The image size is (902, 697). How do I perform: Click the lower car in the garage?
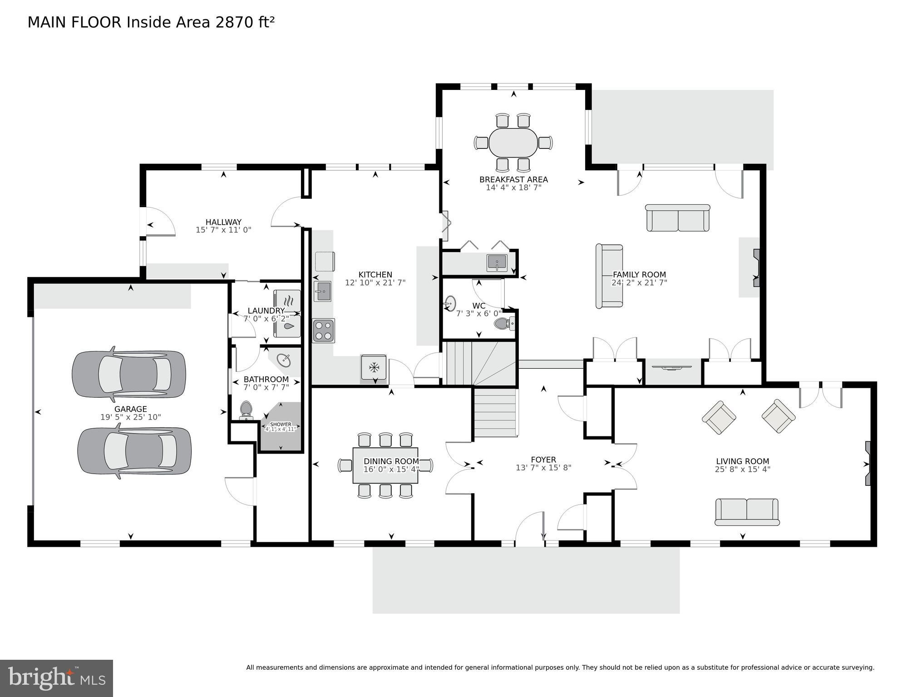[134, 451]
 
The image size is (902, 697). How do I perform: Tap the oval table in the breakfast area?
[513, 143]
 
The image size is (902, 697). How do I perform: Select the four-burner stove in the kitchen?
[323, 331]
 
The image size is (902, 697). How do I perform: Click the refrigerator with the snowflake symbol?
[374, 367]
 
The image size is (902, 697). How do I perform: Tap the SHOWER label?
[281, 424]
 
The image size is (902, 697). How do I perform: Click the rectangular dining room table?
[385, 465]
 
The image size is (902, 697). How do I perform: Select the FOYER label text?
[543, 460]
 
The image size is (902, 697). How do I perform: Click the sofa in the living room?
[747, 511]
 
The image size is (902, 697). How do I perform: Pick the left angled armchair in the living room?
[719, 417]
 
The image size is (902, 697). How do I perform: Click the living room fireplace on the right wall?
[867, 464]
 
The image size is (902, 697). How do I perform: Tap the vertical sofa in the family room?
[609, 276]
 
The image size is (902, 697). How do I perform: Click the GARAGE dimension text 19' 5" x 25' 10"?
[131, 417]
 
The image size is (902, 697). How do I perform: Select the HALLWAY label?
[223, 222]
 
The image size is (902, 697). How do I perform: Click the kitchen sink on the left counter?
[322, 291]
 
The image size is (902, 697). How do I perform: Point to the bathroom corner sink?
[284, 361]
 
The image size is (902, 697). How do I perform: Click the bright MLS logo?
[56, 678]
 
